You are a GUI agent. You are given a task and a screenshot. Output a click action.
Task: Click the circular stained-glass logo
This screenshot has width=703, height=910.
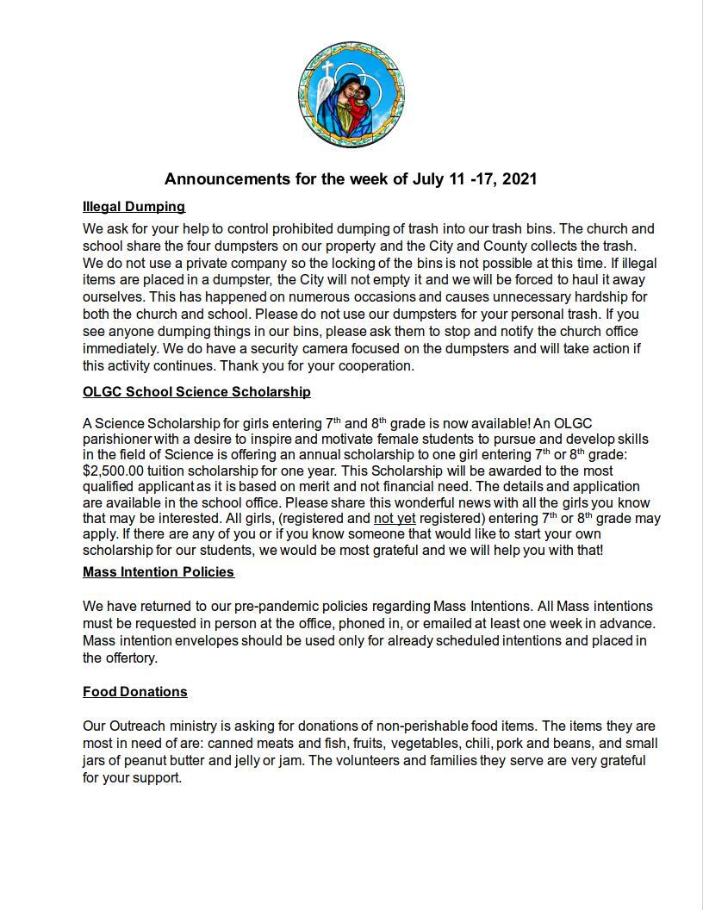(x=351, y=95)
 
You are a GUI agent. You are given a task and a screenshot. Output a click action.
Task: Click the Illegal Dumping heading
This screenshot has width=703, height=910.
(x=134, y=207)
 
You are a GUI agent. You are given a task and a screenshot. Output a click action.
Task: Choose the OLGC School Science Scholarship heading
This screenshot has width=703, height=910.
(x=196, y=392)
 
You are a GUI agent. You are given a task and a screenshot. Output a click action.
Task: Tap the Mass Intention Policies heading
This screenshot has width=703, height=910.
(x=158, y=572)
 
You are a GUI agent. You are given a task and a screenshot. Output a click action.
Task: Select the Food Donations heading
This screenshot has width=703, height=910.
(x=134, y=692)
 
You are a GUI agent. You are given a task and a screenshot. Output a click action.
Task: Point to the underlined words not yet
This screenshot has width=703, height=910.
(x=395, y=519)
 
